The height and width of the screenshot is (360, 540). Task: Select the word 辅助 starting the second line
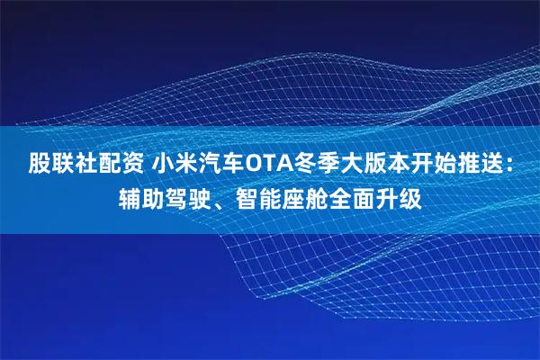[141, 195]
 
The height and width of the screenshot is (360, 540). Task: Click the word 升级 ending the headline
[398, 195]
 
